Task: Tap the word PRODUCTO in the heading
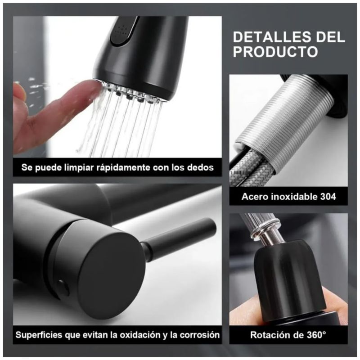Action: point(275,52)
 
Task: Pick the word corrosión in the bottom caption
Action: point(199,335)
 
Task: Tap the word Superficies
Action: point(39,335)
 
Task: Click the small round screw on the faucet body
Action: point(63,288)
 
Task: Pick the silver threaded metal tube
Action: point(283,117)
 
